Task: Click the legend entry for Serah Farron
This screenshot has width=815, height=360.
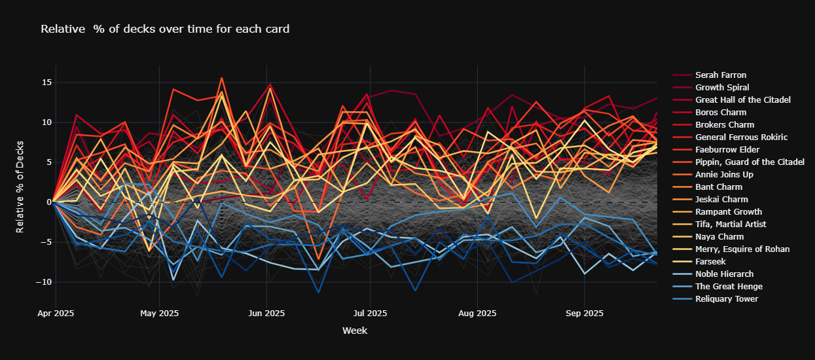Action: (721, 75)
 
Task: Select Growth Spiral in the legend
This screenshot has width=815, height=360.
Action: (722, 88)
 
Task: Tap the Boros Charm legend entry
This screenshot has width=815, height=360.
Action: (719, 113)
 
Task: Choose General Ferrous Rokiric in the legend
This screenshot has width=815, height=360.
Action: (741, 137)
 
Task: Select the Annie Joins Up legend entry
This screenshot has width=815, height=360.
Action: (724, 175)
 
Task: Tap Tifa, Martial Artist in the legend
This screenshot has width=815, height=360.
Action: (730, 225)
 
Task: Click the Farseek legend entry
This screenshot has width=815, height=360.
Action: (711, 262)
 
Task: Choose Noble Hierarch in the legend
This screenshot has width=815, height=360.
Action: (723, 274)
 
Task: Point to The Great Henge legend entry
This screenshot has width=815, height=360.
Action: (729, 287)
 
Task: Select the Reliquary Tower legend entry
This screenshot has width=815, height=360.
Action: (727, 299)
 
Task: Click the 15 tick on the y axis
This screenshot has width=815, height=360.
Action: (46, 82)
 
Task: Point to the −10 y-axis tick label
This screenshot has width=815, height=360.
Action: (43, 282)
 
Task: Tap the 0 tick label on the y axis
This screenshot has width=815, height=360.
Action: (48, 202)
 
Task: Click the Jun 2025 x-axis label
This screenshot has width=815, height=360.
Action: (266, 313)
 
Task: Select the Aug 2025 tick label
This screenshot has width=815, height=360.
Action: (477, 313)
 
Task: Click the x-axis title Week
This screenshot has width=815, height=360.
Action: (355, 331)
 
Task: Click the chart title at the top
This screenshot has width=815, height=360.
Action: (165, 29)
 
